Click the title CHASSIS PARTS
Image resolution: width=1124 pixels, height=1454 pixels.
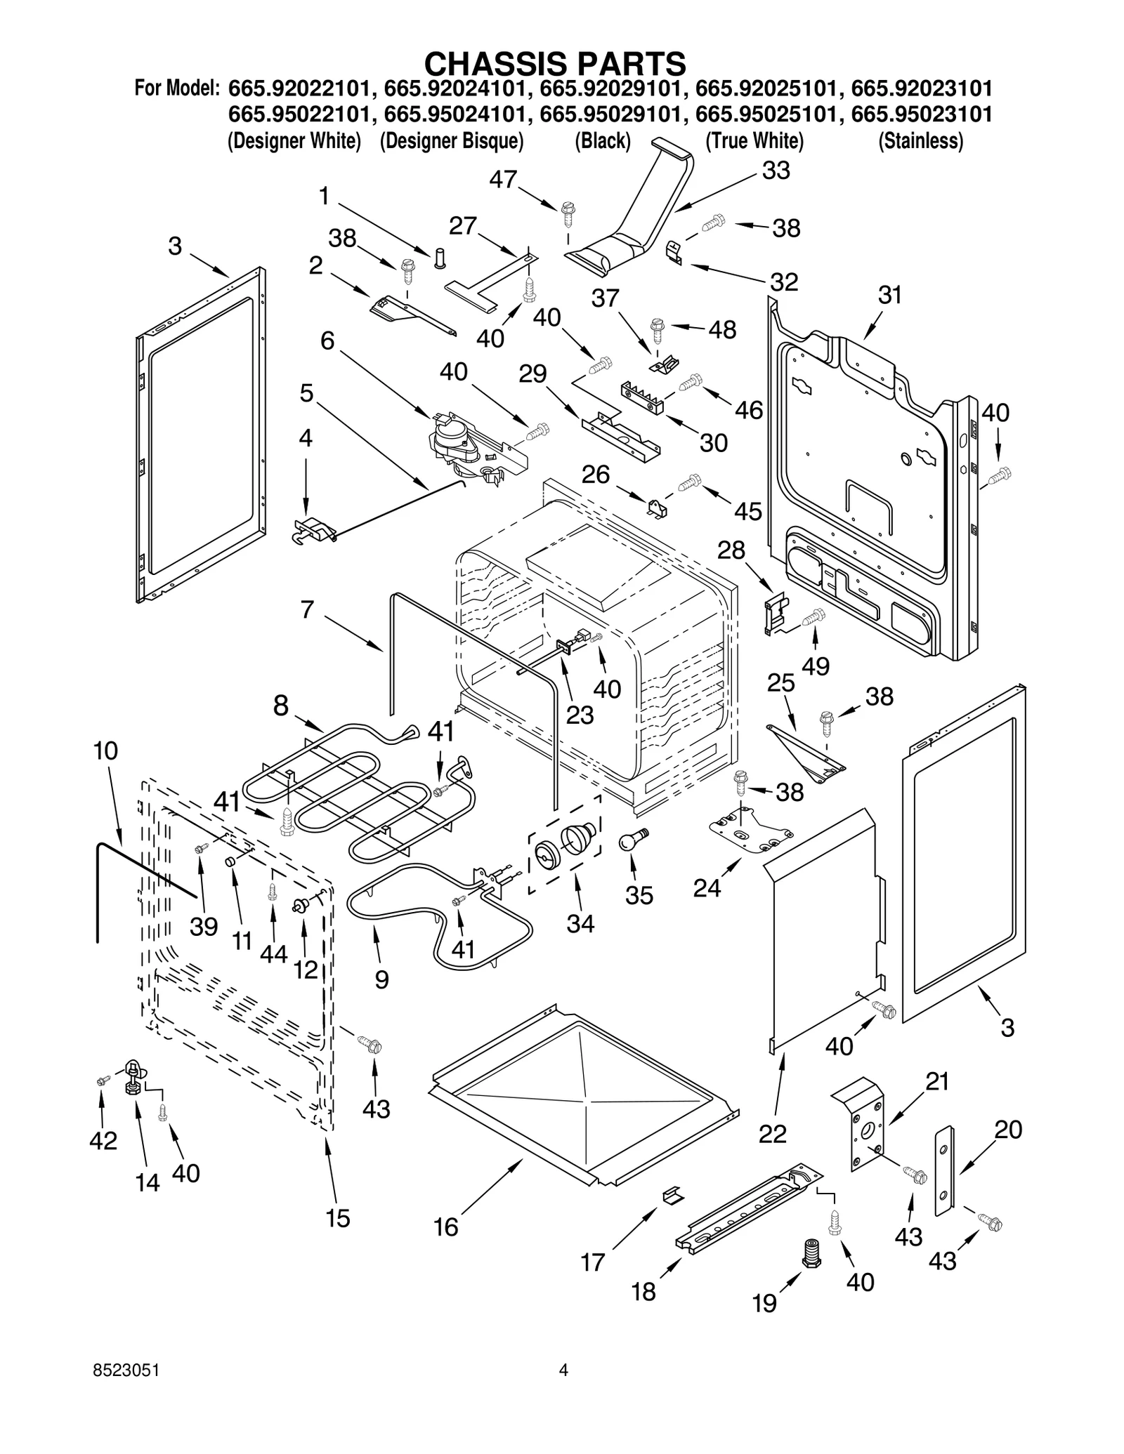click(555, 64)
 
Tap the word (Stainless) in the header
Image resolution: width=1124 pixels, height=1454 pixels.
click(920, 141)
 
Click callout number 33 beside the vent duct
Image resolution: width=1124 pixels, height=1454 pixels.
click(776, 171)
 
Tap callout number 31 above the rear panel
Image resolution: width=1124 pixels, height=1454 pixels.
click(890, 295)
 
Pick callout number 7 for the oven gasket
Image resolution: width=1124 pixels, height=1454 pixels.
click(307, 609)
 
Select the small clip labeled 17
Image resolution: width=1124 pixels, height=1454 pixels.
click(672, 1194)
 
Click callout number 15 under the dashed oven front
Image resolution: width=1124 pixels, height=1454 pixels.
click(338, 1218)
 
